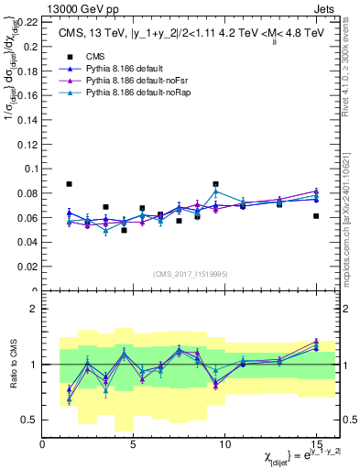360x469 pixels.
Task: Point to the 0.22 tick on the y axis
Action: (27, 20)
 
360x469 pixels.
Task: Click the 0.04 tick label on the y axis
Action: (27, 241)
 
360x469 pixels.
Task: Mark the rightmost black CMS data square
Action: (316, 216)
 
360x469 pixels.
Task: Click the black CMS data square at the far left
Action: (70, 184)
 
